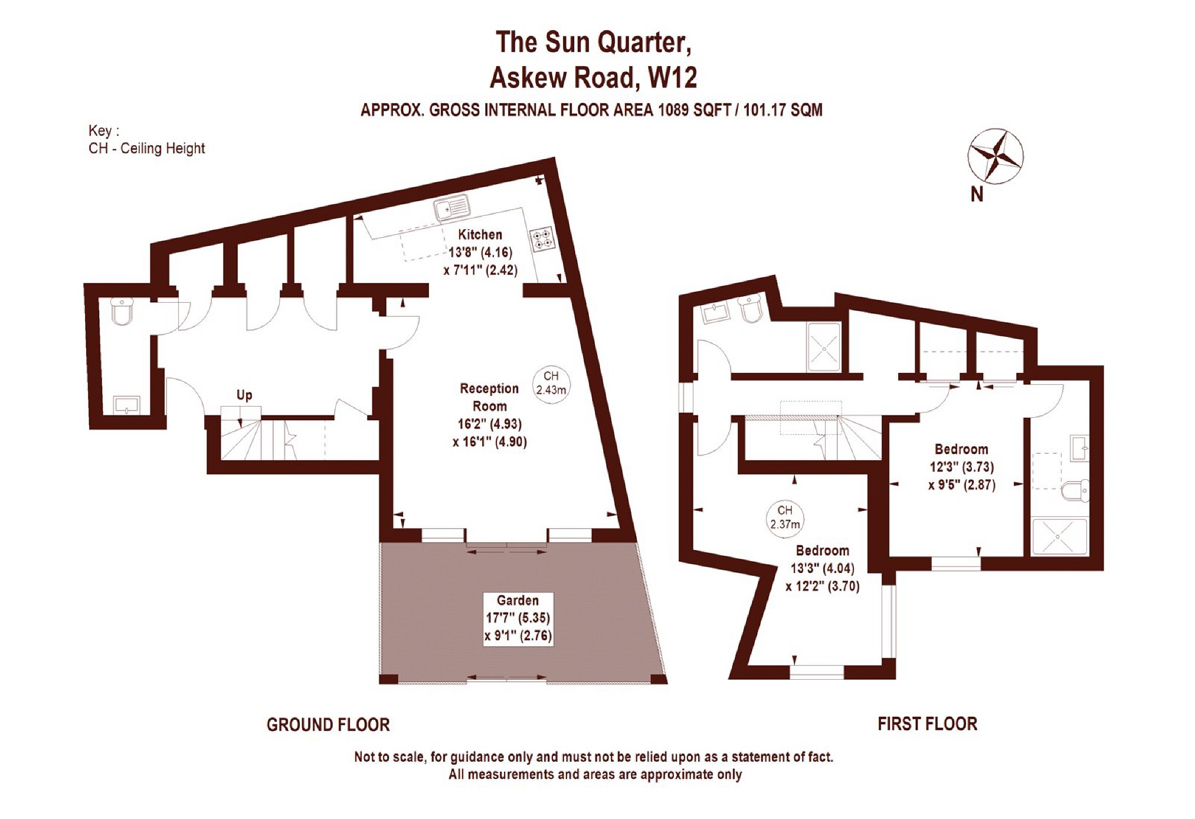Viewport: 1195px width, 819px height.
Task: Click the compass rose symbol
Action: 995,156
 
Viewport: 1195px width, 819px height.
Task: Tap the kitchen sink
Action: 451,208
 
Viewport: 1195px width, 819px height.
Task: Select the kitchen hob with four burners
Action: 542,239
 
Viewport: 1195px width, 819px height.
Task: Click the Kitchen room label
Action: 480,234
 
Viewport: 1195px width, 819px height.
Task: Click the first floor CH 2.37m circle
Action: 784,517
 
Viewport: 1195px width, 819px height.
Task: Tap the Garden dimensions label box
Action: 518,618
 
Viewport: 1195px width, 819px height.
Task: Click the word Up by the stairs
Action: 244,395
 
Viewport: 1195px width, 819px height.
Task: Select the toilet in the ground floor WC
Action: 122,311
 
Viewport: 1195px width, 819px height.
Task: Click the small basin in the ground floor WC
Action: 127,405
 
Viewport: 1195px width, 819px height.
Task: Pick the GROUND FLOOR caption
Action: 328,725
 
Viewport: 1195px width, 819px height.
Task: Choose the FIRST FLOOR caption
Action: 927,723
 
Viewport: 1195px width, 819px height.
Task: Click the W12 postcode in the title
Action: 672,77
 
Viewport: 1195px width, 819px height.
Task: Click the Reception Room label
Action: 489,397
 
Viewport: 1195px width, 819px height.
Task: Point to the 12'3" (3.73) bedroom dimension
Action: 962,467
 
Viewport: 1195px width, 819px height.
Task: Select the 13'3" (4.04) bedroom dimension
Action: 822,568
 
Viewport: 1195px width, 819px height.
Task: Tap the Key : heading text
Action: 103,131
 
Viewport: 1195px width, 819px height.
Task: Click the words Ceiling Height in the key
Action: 162,149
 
